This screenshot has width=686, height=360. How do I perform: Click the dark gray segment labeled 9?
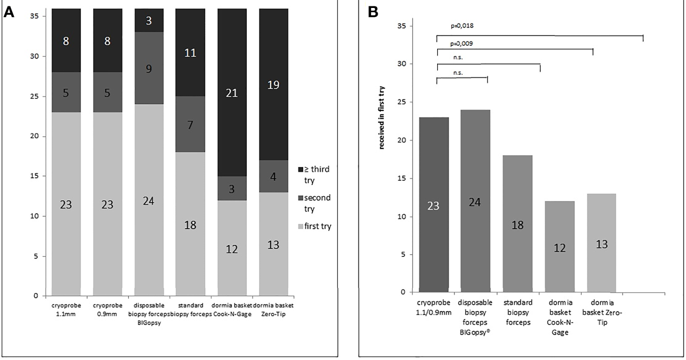coord(149,68)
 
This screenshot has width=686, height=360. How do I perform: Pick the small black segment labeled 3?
coord(149,20)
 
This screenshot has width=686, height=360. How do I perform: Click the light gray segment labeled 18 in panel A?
coord(190,224)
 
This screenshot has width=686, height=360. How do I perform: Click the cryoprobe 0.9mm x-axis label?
coord(108,309)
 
